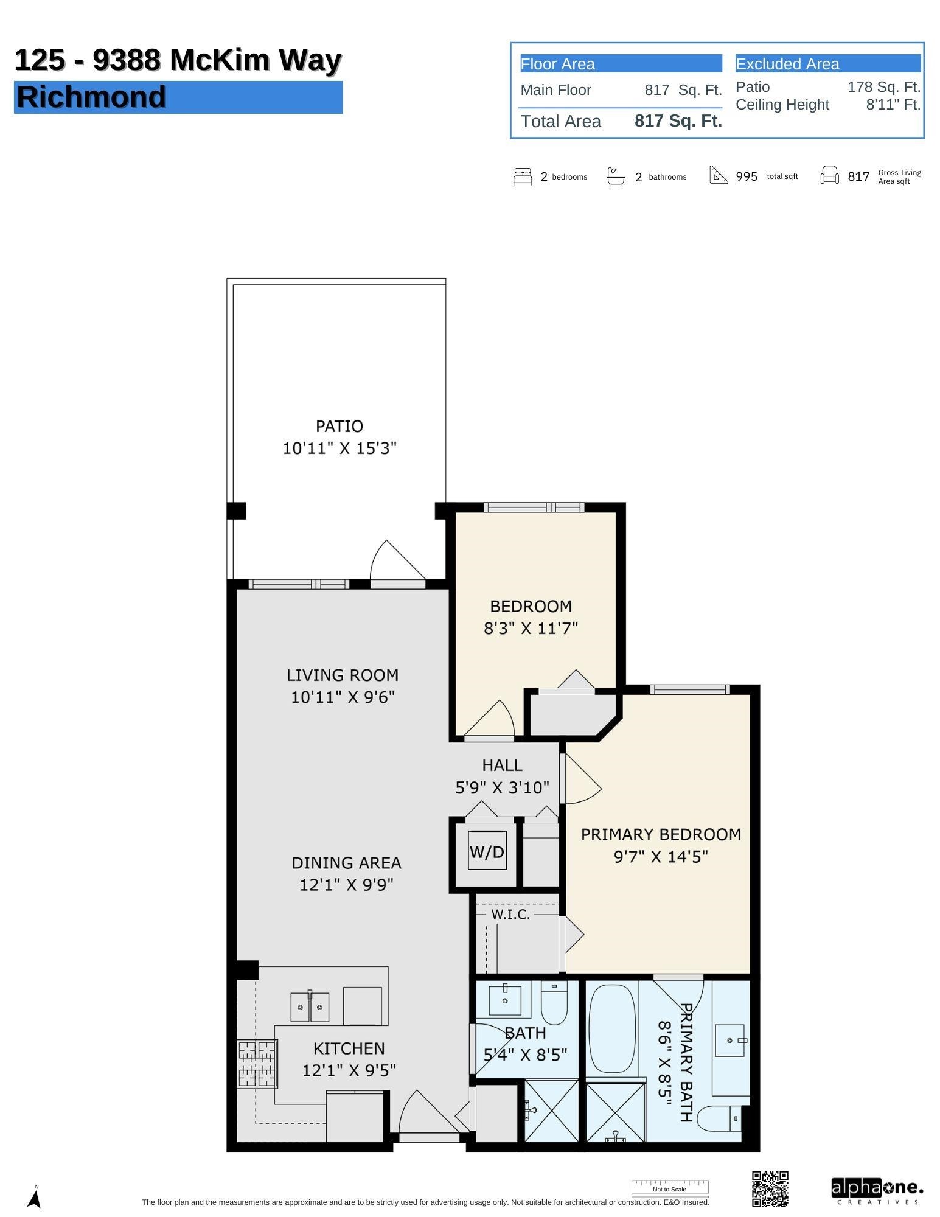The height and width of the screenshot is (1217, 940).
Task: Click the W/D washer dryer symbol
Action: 486,851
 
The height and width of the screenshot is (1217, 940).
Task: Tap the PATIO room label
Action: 339,426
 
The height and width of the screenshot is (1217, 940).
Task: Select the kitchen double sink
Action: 310,1007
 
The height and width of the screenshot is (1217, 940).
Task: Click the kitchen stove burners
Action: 257,1064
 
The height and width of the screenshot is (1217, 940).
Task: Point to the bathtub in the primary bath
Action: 611,1029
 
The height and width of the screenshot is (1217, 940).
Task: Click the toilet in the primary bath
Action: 719,1118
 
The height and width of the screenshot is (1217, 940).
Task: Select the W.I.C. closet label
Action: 510,915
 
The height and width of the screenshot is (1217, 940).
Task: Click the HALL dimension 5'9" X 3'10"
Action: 502,787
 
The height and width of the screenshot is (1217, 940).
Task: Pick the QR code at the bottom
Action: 770,1188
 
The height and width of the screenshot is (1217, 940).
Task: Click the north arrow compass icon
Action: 35,1198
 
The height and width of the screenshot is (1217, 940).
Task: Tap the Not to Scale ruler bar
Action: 669,1187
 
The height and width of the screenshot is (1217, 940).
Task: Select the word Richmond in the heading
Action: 91,97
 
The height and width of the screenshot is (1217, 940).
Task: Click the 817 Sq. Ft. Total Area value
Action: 678,121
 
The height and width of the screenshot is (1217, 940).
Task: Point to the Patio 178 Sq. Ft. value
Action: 883,87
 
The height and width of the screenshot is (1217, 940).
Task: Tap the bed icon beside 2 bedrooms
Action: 523,176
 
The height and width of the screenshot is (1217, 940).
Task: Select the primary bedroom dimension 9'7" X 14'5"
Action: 661,857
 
